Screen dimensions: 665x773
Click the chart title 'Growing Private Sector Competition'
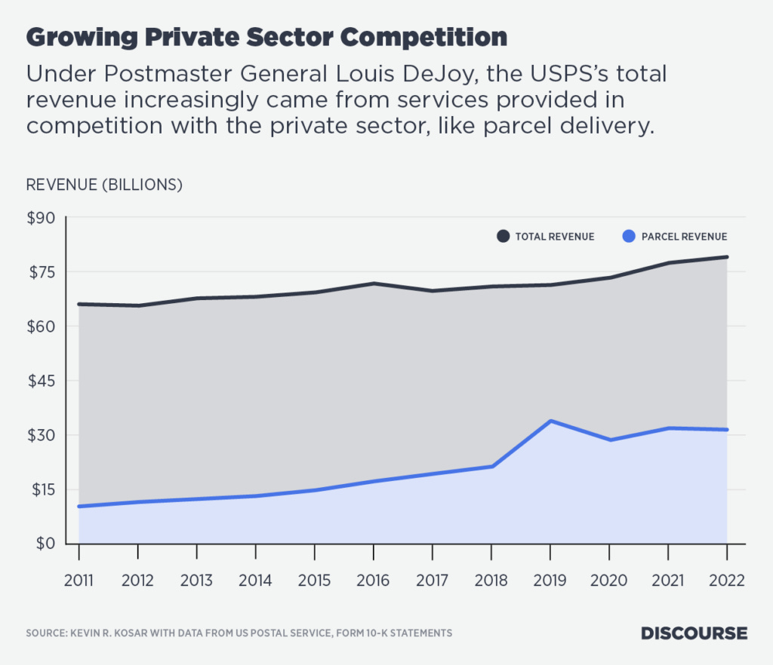(266, 37)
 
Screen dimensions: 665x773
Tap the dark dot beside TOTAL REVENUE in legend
(503, 236)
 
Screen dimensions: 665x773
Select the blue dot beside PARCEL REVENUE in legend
(628, 236)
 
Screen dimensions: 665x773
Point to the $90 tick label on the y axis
(42, 218)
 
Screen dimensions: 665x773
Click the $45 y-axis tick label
(42, 381)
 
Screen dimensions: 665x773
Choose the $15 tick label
(42, 489)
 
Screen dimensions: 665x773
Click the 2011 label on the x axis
(79, 581)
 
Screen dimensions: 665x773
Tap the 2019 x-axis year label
(550, 581)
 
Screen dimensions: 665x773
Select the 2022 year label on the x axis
(726, 581)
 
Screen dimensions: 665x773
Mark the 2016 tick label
(373, 581)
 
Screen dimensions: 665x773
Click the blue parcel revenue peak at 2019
(550, 421)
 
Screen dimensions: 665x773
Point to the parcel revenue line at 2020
(608, 440)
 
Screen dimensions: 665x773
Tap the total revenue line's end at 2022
(726, 257)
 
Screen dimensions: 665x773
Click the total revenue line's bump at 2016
(373, 283)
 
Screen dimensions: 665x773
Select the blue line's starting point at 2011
(79, 506)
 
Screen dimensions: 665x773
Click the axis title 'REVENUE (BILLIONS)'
(104, 184)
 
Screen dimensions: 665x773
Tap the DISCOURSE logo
(694, 633)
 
